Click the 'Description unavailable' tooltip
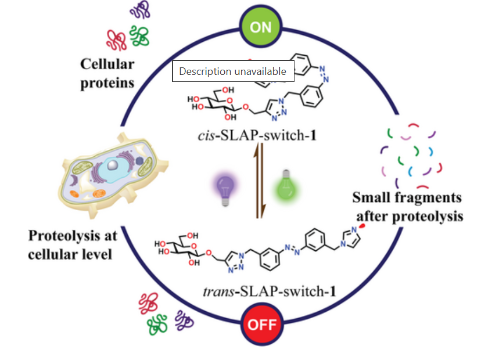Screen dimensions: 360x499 pyautogui.click(x=232, y=71)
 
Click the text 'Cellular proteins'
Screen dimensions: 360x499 pyautogui.click(x=107, y=73)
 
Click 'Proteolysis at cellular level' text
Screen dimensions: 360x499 pyautogui.click(x=73, y=244)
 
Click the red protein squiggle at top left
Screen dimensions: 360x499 pyautogui.click(x=116, y=39)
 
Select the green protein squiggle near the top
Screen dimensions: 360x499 pyautogui.click(x=139, y=36)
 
